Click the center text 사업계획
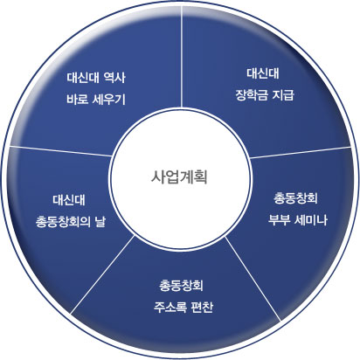(179, 177)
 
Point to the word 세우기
(109, 100)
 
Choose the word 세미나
(311, 219)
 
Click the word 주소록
(170, 308)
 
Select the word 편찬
(202, 308)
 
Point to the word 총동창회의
(63, 222)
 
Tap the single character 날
(100, 222)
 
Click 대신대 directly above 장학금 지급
(263, 73)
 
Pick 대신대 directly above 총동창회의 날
(69, 200)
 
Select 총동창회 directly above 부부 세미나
(295, 198)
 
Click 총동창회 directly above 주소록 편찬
(181, 286)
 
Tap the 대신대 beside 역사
(83, 78)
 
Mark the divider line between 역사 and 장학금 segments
(182, 57)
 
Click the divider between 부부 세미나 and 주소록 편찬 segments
(253, 279)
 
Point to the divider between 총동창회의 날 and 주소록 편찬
(103, 274)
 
